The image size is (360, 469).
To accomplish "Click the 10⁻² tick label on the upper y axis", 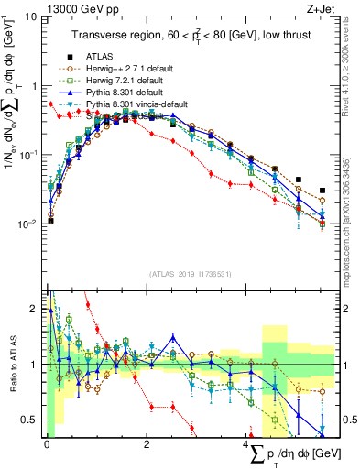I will click(27, 224).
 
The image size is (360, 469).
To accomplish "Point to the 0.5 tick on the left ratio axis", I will click(29, 420).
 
